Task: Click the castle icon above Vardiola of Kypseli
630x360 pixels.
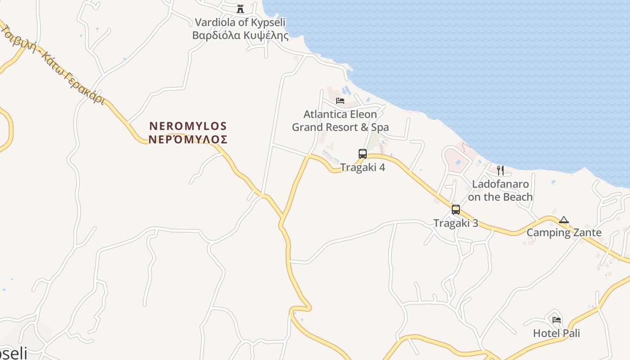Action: pyautogui.click(x=240, y=9)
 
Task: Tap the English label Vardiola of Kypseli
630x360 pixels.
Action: pyautogui.click(x=240, y=22)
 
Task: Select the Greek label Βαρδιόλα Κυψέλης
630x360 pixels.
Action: pyautogui.click(x=240, y=35)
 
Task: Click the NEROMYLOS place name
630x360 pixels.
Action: pyautogui.click(x=188, y=126)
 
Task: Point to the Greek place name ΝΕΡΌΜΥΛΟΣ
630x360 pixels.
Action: pyautogui.click(x=188, y=139)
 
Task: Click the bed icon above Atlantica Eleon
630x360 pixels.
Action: pyautogui.click(x=340, y=100)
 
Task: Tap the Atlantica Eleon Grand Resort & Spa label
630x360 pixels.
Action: pyautogui.click(x=340, y=121)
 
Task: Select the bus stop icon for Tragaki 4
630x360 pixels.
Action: pyautogui.click(x=363, y=153)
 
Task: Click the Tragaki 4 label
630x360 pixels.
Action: pyautogui.click(x=363, y=167)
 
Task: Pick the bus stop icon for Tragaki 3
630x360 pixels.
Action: pyautogui.click(x=456, y=209)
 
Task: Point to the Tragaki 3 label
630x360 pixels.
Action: pyautogui.click(x=456, y=223)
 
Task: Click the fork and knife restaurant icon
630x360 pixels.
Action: pyautogui.click(x=500, y=170)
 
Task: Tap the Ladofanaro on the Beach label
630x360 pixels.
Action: pyautogui.click(x=500, y=190)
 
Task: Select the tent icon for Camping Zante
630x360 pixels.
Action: pyautogui.click(x=564, y=220)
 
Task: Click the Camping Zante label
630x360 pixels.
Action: pyautogui.click(x=564, y=233)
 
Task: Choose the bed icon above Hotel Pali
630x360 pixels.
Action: pyautogui.click(x=557, y=320)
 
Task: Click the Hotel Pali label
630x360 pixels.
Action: pyautogui.click(x=557, y=333)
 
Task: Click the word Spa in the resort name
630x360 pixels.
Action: pyautogui.click(x=380, y=127)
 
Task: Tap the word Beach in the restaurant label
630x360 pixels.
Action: pyautogui.click(x=517, y=197)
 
